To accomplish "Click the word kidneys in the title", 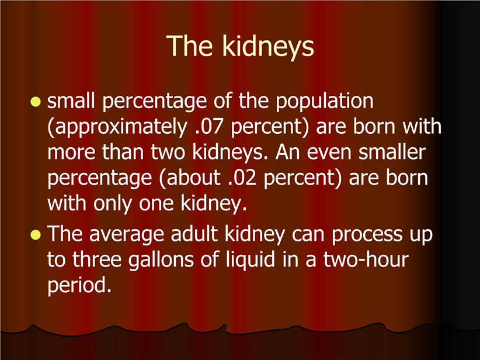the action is pos(268,47).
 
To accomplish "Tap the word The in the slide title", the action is pos(189,46).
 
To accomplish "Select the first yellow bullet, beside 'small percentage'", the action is pos(36,102).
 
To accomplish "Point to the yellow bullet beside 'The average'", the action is pos(36,235).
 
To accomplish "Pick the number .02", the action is pos(242,178).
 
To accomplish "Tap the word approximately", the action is pos(117,127).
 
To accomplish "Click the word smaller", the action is pos(392,151).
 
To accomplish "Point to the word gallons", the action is pos(161,261).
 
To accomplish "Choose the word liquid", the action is pos(251,261).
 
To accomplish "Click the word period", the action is pos(79,286).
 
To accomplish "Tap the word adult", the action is pos(194,233).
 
